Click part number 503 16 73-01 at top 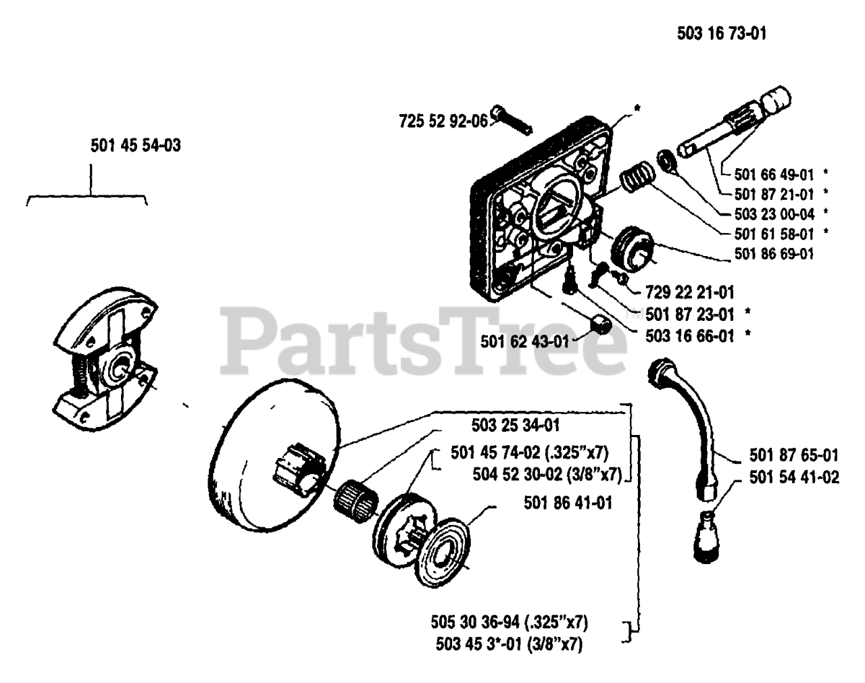(x=721, y=33)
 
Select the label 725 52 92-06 (x=443, y=122)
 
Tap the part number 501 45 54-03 (x=135, y=145)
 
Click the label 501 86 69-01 (x=774, y=254)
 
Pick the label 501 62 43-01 (x=525, y=341)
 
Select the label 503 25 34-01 (x=515, y=426)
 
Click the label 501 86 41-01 (x=568, y=503)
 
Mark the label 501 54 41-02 (x=794, y=478)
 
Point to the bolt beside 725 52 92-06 (x=512, y=120)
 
